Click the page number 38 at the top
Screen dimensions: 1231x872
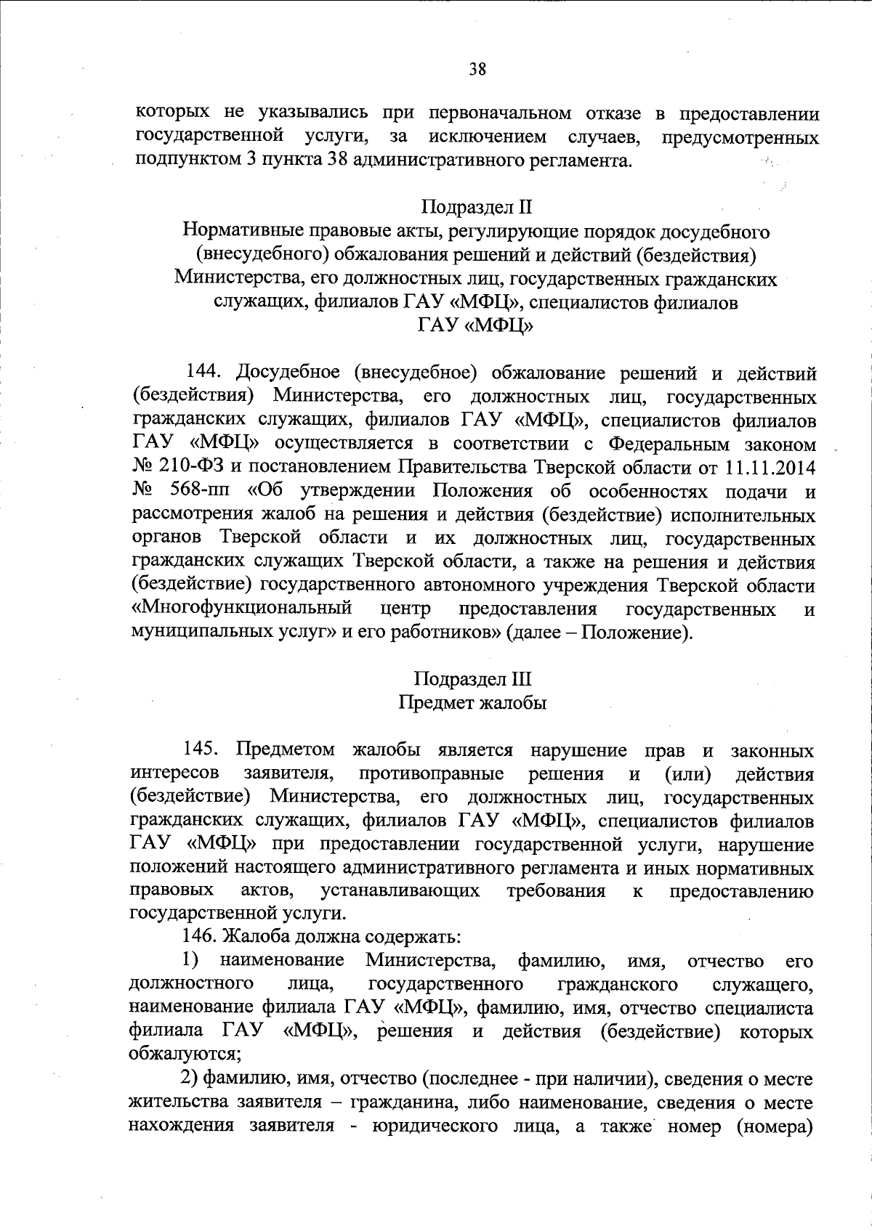[x=477, y=69]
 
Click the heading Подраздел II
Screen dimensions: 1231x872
[x=477, y=207]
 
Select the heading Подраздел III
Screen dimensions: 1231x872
[x=473, y=678]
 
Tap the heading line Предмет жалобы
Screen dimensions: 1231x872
[x=473, y=702]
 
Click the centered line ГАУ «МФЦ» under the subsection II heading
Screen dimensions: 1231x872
[x=477, y=326]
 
